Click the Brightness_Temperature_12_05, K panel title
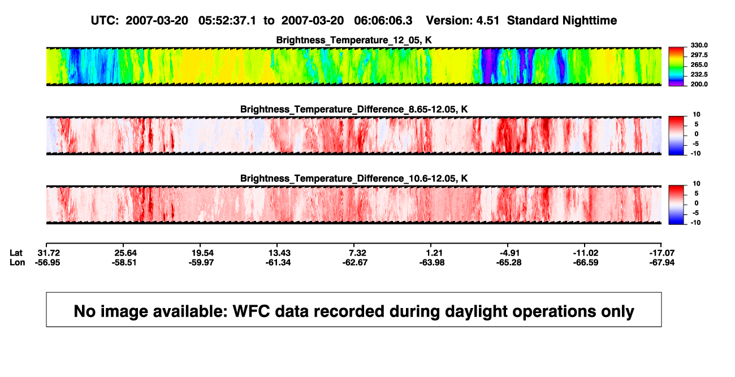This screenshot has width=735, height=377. (x=354, y=40)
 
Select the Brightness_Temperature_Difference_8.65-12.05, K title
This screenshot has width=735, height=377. (x=354, y=109)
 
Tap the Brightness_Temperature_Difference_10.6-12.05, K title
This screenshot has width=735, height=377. (x=354, y=179)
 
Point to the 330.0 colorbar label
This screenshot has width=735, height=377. (x=699, y=45)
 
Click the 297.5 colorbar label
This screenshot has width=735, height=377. (x=699, y=55)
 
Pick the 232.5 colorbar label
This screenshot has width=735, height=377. (x=699, y=75)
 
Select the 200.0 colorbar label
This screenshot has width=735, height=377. (x=699, y=84)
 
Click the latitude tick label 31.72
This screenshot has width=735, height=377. (x=49, y=253)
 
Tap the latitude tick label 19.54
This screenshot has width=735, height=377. (x=202, y=253)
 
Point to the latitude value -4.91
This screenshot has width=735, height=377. (x=510, y=253)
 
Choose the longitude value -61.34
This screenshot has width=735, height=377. (x=278, y=262)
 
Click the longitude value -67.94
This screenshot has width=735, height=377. (x=662, y=262)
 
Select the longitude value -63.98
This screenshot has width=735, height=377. (x=432, y=262)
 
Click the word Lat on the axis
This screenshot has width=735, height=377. (x=16, y=253)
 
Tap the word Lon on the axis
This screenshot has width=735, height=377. (x=18, y=262)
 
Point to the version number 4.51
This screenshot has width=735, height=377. (x=487, y=21)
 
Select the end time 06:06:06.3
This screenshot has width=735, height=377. (x=383, y=21)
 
